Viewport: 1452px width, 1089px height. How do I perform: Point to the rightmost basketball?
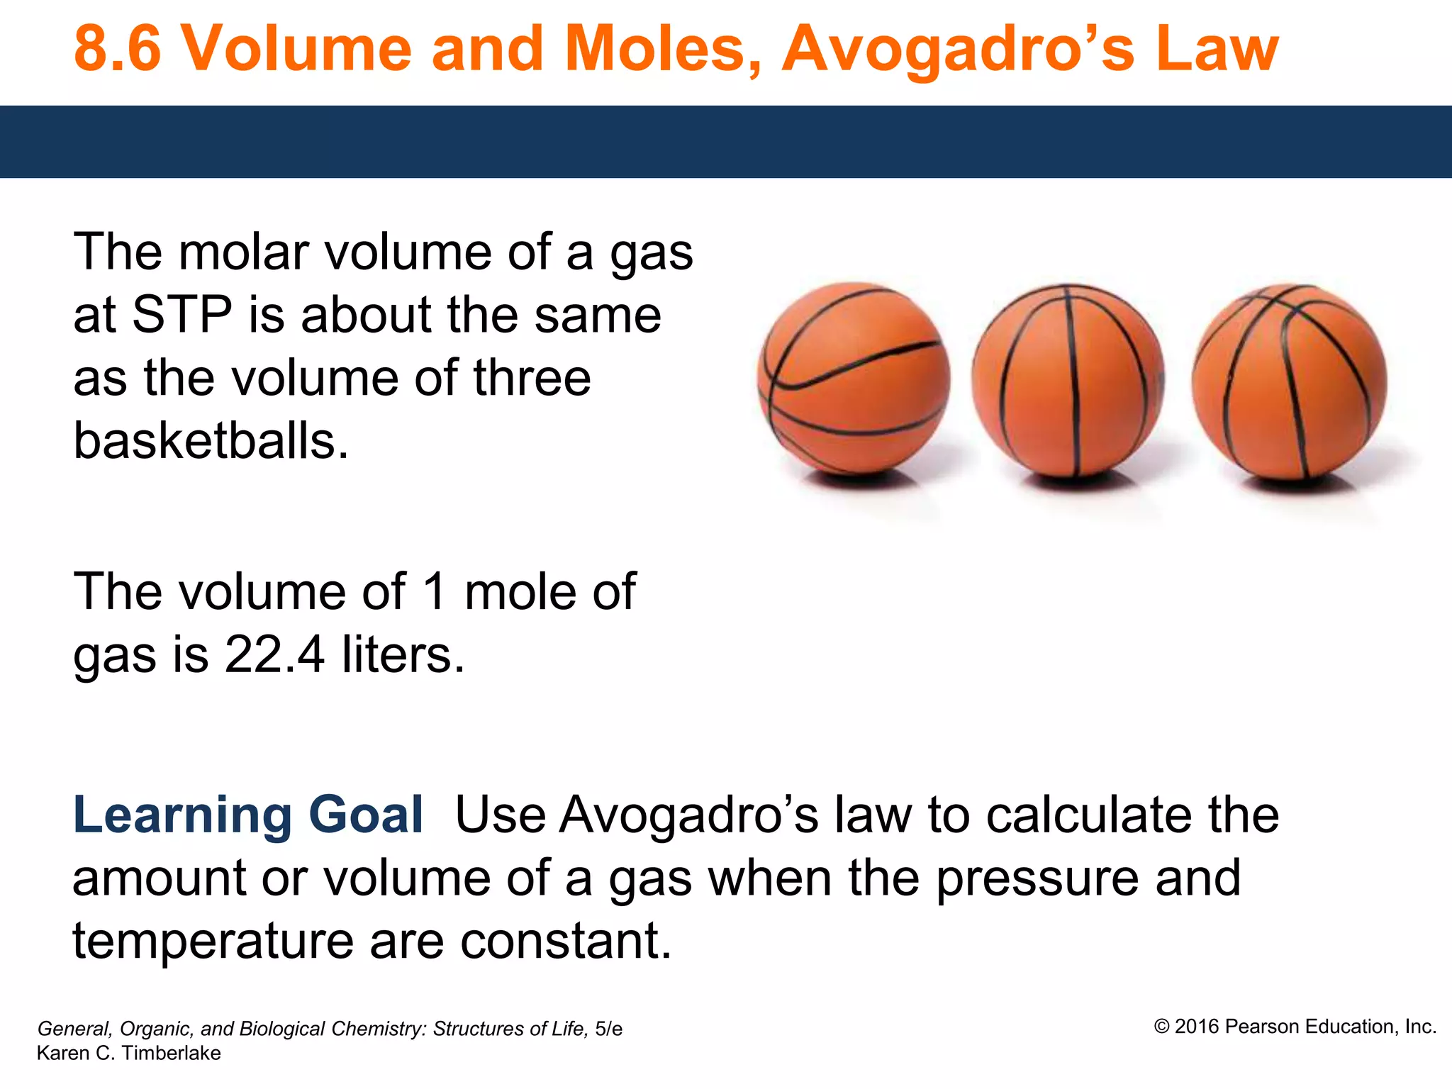pos(1289,381)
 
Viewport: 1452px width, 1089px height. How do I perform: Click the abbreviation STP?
pos(182,315)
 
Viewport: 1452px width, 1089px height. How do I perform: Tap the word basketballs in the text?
pos(211,441)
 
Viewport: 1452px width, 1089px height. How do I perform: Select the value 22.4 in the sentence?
pos(274,654)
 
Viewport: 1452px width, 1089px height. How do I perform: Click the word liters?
pos(403,654)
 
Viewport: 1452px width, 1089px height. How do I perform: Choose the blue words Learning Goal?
pos(248,815)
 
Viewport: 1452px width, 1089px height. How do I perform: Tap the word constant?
pos(565,941)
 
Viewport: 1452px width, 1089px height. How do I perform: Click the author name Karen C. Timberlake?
pos(128,1054)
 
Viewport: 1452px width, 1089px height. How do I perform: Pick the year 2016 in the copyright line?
pos(1197,1027)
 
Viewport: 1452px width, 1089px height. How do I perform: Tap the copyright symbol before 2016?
pos(1161,1027)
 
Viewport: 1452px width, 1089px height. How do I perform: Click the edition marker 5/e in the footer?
pos(608,1029)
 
